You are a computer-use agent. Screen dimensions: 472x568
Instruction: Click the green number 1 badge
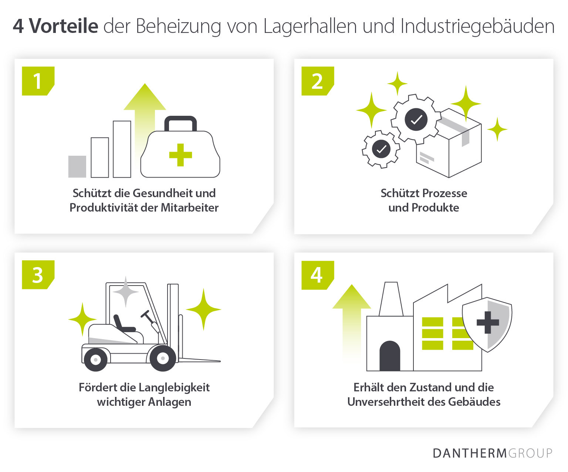(37, 81)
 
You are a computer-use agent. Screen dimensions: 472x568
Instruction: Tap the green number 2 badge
(317, 81)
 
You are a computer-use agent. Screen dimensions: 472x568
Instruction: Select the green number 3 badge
(37, 275)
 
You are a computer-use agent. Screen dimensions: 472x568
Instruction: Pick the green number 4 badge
(317, 275)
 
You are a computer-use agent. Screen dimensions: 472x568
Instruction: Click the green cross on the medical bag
(180, 155)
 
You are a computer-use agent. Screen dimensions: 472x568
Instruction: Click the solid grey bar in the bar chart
(77, 166)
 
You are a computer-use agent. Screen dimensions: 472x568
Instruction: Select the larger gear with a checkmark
(416, 119)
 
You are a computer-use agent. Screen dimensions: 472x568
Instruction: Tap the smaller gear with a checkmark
(381, 149)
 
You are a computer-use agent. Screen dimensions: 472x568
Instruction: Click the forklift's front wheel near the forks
(163, 358)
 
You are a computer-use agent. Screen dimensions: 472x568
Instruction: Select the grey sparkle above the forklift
(126, 292)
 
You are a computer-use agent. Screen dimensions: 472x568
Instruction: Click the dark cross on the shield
(488, 322)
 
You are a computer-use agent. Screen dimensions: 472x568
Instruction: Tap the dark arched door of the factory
(390, 356)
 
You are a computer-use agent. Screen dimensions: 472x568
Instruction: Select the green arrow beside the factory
(351, 318)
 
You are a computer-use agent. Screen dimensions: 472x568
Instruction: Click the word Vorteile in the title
(63, 26)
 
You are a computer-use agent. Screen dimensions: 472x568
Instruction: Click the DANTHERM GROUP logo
(492, 453)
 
